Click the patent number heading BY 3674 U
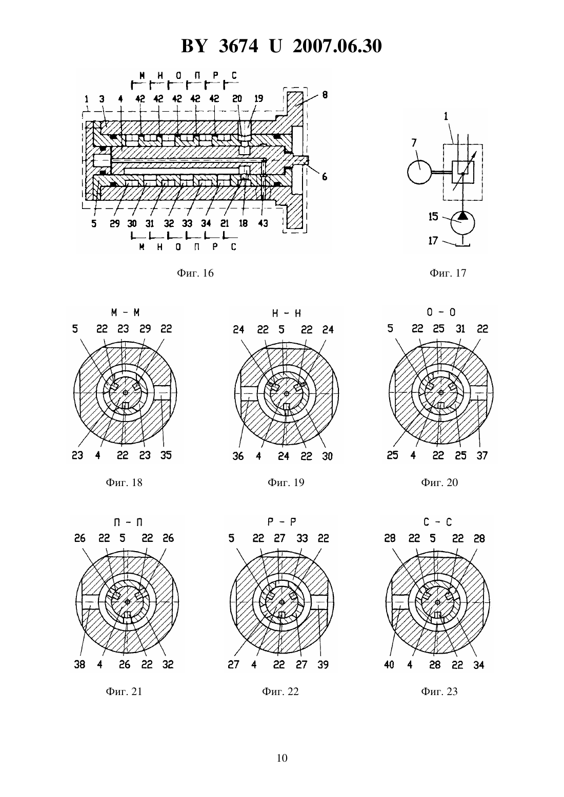click(x=231, y=46)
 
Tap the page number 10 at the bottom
click(x=282, y=758)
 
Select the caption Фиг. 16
click(x=195, y=273)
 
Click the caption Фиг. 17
click(x=448, y=273)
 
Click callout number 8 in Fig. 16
click(x=325, y=95)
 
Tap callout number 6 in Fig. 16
click(x=325, y=177)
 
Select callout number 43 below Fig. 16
click(x=263, y=223)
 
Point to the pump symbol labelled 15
click(x=462, y=221)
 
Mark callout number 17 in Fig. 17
click(x=433, y=241)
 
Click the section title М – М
click(x=125, y=312)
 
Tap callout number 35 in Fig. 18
click(x=166, y=455)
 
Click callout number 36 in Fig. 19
click(x=238, y=456)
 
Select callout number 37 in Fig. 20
click(x=482, y=455)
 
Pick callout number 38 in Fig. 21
click(x=79, y=664)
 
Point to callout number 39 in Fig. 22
click(x=323, y=664)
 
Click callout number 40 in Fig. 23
click(x=389, y=664)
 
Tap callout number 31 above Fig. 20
click(x=460, y=329)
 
